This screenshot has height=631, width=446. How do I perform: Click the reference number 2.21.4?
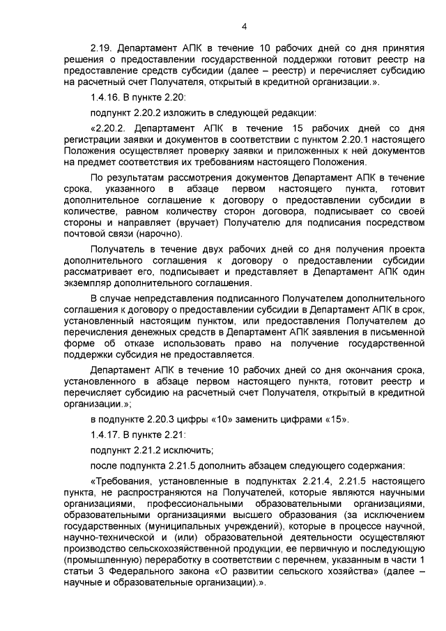pos(319,482)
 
